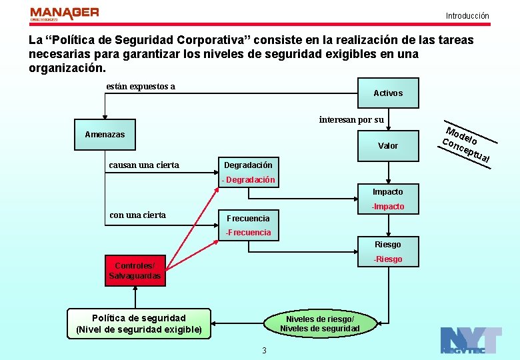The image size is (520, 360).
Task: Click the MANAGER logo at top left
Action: (x=65, y=14)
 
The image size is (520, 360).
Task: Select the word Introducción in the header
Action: (x=467, y=16)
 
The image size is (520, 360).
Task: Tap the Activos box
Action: (x=388, y=93)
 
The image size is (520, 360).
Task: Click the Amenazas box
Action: (x=105, y=135)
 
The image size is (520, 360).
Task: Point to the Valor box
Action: (x=388, y=146)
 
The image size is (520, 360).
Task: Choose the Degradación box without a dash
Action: (x=248, y=165)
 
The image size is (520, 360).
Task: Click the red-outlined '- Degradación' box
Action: (x=248, y=180)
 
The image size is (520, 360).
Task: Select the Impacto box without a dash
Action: (x=388, y=192)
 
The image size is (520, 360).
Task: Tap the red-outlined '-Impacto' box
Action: (x=388, y=207)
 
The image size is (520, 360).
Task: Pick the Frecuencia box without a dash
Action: (x=248, y=219)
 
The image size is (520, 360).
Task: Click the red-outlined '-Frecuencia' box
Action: (x=248, y=233)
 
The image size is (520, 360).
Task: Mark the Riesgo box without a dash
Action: (x=388, y=245)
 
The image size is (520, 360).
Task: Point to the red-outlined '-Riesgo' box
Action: (x=388, y=259)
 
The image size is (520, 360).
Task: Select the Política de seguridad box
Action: (x=139, y=323)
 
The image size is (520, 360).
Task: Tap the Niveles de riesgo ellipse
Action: (x=319, y=323)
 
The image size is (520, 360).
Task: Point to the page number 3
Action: (x=264, y=351)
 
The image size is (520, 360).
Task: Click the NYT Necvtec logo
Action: (x=471, y=341)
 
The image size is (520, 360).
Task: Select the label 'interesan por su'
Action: (x=351, y=120)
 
